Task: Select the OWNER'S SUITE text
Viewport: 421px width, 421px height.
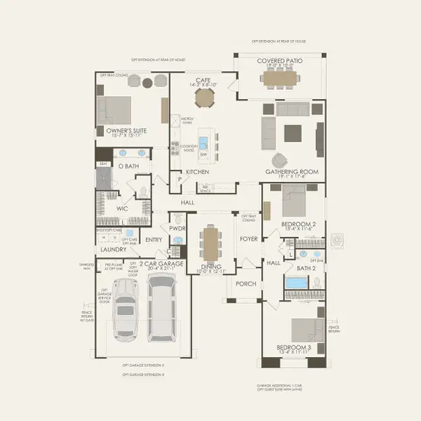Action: pyautogui.click(x=126, y=130)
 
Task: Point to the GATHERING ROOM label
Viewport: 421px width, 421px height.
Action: pyautogui.click(x=292, y=172)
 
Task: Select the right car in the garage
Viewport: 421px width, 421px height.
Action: pyautogui.click(x=161, y=309)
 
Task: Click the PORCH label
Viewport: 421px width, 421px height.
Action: pyautogui.click(x=246, y=284)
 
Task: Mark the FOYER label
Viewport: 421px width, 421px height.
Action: pyautogui.click(x=249, y=239)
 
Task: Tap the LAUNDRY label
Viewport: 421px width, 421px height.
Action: pyautogui.click(x=113, y=249)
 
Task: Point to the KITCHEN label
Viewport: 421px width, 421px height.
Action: pyautogui.click(x=197, y=172)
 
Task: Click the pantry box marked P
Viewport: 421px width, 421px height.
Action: pyautogui.click(x=179, y=179)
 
